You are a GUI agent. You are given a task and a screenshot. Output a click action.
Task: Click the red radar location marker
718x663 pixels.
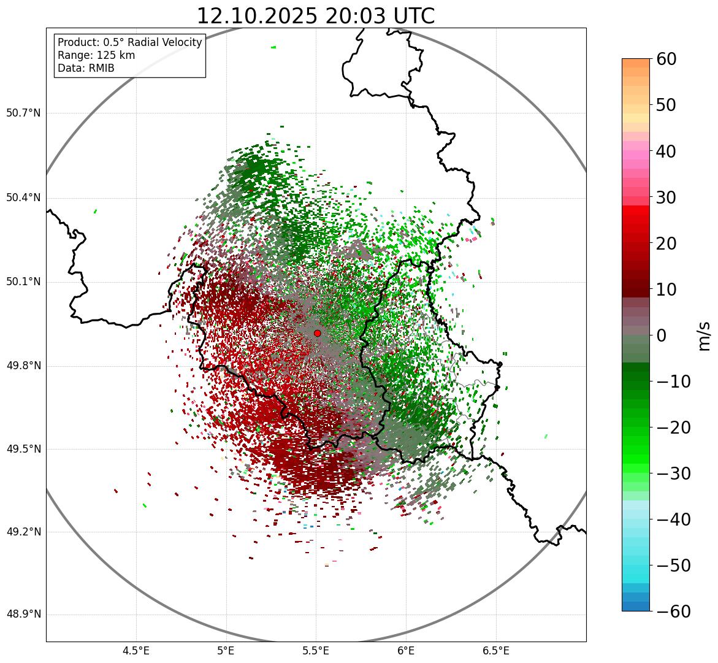click(x=317, y=333)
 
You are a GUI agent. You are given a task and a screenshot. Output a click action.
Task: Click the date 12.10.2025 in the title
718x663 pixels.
click(x=257, y=16)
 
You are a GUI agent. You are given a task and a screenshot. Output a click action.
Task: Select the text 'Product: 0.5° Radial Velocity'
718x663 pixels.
click(x=129, y=42)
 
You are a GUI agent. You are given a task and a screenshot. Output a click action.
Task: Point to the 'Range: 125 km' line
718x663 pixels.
click(x=96, y=55)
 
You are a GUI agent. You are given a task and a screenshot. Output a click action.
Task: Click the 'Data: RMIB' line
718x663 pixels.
click(x=86, y=68)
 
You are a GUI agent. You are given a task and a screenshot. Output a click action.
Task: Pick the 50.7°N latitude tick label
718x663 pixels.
click(x=23, y=113)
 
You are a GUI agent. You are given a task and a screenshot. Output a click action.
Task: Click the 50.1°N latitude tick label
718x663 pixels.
click(x=23, y=282)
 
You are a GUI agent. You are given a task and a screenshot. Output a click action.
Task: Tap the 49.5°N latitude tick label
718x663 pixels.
click(x=23, y=449)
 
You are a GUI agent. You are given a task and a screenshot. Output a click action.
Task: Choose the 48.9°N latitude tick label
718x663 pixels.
click(x=23, y=615)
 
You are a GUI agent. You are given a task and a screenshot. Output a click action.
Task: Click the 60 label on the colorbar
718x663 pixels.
click(x=666, y=59)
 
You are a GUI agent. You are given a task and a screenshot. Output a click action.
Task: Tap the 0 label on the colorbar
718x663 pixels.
click(x=662, y=335)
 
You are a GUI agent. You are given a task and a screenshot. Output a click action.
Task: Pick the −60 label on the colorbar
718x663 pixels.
click(x=673, y=611)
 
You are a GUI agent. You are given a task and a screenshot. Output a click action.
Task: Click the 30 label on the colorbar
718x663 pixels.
click(x=666, y=197)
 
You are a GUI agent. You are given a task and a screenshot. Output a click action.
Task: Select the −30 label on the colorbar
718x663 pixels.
click(x=673, y=473)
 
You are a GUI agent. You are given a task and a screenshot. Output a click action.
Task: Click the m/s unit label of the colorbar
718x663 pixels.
click(x=703, y=335)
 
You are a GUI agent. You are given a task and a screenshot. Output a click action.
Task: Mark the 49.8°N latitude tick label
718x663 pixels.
click(x=23, y=366)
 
